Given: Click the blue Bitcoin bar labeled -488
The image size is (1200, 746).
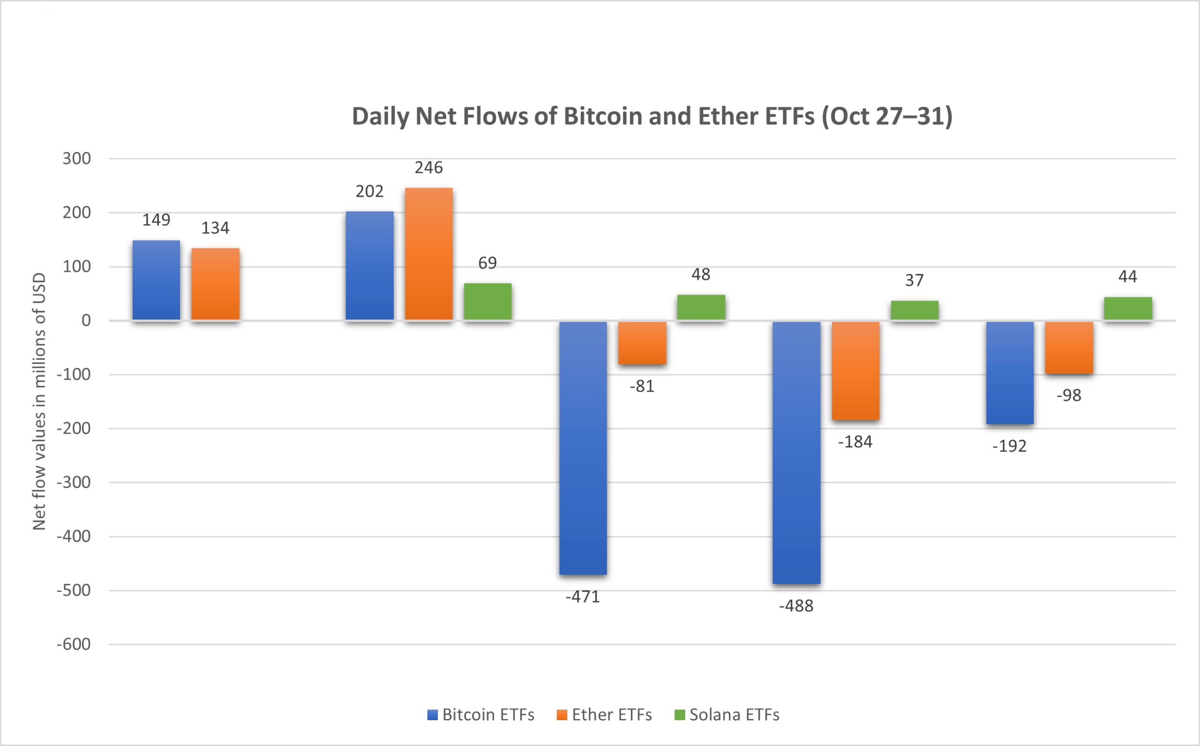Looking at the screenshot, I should coord(796,452).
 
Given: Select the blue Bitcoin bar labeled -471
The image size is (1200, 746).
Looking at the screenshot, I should coord(583,448).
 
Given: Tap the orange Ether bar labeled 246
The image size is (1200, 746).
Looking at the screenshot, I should coord(428,254).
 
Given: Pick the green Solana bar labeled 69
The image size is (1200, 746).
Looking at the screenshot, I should coord(487,302).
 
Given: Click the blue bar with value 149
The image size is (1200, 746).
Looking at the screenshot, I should coord(157,280).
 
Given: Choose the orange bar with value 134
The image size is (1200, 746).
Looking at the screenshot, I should coord(216,284).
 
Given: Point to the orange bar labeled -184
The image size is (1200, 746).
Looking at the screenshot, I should coord(855,370).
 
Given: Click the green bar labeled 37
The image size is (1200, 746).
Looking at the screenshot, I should coord(915,310).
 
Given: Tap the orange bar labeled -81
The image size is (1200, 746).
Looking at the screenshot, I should coord(642,343).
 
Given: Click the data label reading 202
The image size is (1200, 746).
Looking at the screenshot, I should coord(369,191).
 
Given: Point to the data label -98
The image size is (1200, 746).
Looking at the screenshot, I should coord(1068,395).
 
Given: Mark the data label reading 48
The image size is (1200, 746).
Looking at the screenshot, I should coord(701,274).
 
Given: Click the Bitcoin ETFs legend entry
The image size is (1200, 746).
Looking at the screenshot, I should coord(481,715).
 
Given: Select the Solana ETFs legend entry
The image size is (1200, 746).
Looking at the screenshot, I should coord(727,715).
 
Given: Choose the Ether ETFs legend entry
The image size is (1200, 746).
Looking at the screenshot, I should coord(604,715).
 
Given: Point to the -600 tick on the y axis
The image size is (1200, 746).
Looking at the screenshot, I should coord(74,644).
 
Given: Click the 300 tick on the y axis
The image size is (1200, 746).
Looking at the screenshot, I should coord(76,158).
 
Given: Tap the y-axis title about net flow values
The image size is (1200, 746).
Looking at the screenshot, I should coord(39,401).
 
